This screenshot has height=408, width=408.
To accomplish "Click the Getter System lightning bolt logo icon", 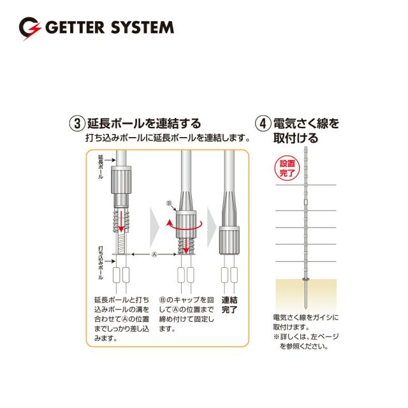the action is point(30,28).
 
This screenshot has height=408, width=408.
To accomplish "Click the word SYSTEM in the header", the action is point(142,27).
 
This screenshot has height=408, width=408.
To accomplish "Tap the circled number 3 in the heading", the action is point(77,123).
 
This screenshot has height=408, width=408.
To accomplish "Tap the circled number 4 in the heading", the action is point(263,123).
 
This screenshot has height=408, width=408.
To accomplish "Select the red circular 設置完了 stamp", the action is point(288,168).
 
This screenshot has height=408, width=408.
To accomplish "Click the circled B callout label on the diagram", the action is point(169,203).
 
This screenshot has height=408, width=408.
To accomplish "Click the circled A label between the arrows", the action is point(154,254).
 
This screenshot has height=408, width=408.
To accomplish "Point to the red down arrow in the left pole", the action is point(121,221).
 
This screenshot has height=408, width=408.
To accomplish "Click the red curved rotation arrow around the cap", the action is point(184,225).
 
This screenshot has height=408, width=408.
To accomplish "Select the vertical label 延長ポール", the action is point(101,167).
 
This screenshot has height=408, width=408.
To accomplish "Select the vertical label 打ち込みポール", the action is point(101,263).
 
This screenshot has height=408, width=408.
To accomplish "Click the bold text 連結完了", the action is point(229,305).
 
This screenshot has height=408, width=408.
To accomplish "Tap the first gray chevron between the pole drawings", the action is point(154,227).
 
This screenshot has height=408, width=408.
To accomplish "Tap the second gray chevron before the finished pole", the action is point(212,227).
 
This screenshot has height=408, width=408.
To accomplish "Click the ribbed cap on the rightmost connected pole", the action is point(229,240).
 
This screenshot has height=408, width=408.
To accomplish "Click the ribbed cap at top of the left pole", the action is point(121,180).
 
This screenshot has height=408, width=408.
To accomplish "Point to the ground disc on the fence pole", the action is point(306,279).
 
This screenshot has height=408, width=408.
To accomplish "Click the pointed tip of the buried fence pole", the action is point(306,309).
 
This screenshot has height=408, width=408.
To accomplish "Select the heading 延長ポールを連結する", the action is point(144,123).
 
